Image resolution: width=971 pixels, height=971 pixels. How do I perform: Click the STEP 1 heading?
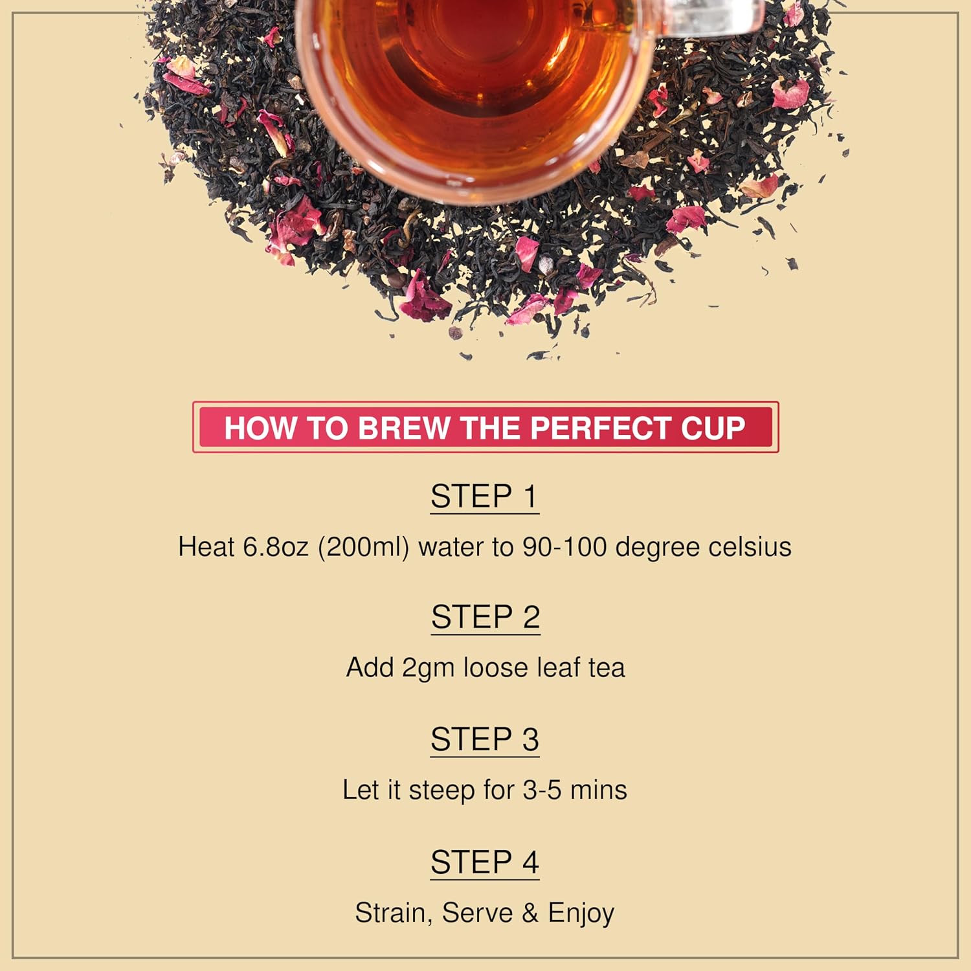[484, 497]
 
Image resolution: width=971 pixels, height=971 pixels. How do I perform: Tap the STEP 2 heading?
[485, 617]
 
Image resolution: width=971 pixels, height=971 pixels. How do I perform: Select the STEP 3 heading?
[485, 739]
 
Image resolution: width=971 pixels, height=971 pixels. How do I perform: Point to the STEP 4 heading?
[485, 862]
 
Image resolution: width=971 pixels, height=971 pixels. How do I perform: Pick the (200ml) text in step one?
[363, 548]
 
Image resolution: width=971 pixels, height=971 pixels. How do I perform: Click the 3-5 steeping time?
[542, 790]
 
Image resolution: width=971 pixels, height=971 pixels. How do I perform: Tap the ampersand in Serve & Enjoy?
[530, 913]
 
